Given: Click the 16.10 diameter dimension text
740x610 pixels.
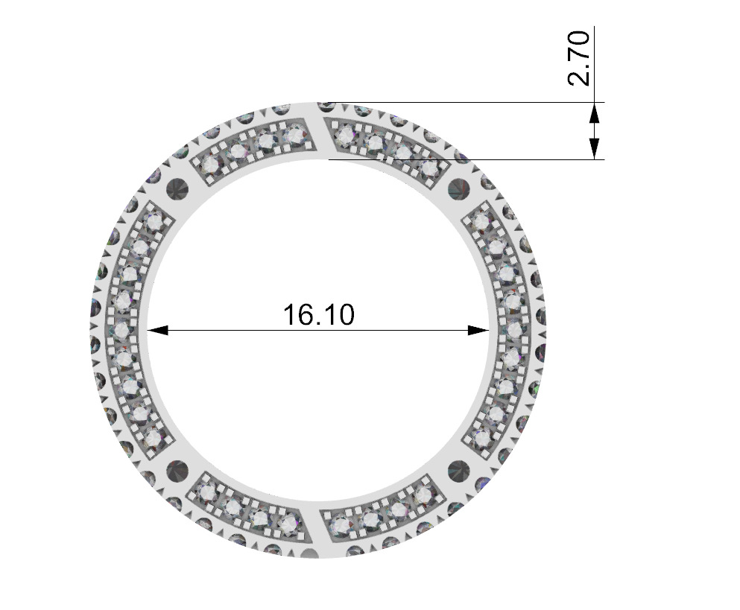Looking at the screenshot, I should [318, 314].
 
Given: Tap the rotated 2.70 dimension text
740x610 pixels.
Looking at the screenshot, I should [580, 58].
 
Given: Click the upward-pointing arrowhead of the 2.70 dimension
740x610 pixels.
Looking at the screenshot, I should [595, 112].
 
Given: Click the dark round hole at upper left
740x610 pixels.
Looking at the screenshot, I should [178, 188].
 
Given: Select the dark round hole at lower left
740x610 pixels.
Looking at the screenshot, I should [178, 471].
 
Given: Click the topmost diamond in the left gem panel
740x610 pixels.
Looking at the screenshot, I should [154, 222].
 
